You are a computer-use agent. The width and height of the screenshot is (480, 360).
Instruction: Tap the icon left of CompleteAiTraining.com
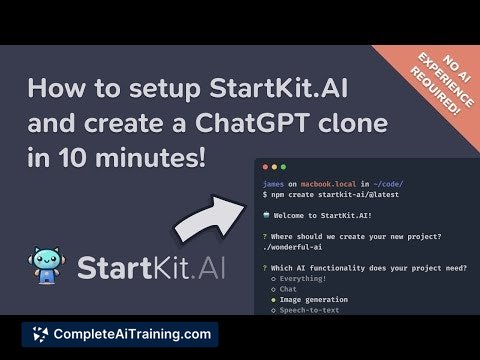point(40,332)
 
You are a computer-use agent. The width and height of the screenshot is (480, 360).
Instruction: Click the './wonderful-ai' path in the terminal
point(287,247)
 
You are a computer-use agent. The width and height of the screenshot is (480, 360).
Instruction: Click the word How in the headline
point(57,89)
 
